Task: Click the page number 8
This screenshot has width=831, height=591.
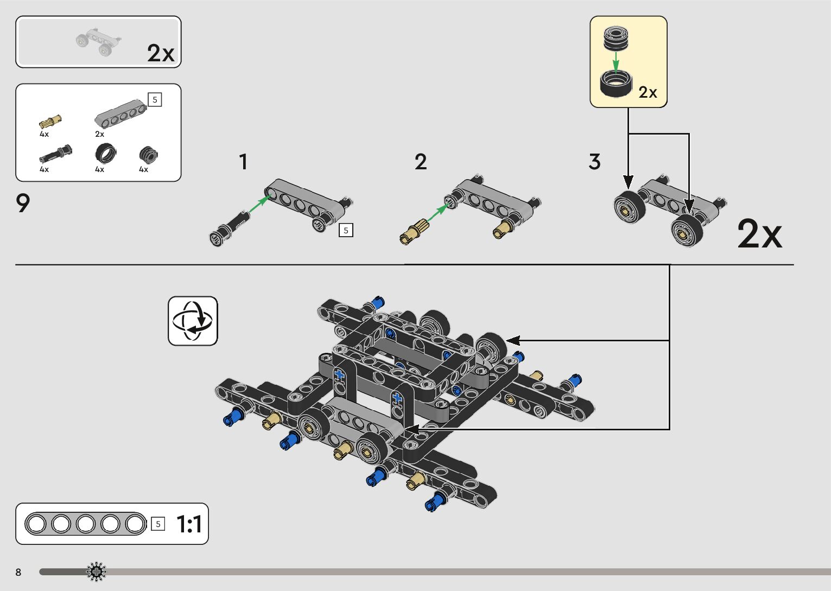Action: tap(18, 572)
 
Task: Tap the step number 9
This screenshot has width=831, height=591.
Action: tap(23, 204)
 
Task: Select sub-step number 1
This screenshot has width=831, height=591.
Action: tap(243, 162)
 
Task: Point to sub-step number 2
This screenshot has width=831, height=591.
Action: tap(421, 162)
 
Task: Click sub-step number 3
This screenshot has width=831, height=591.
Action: tap(594, 162)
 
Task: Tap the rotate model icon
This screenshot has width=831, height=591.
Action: tap(193, 321)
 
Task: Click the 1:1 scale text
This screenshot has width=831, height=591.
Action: tap(189, 524)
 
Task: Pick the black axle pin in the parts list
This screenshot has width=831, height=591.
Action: tap(55, 154)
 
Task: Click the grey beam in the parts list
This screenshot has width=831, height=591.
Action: tap(120, 112)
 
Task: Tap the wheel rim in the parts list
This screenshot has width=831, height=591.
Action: tap(148, 155)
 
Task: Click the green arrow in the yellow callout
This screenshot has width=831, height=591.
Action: tap(616, 61)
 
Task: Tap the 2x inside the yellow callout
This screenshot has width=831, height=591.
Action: tap(648, 92)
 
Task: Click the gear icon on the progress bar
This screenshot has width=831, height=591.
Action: tap(97, 571)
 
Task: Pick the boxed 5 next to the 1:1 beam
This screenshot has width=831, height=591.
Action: tap(158, 524)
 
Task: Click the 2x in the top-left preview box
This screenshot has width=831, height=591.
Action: tap(161, 53)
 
